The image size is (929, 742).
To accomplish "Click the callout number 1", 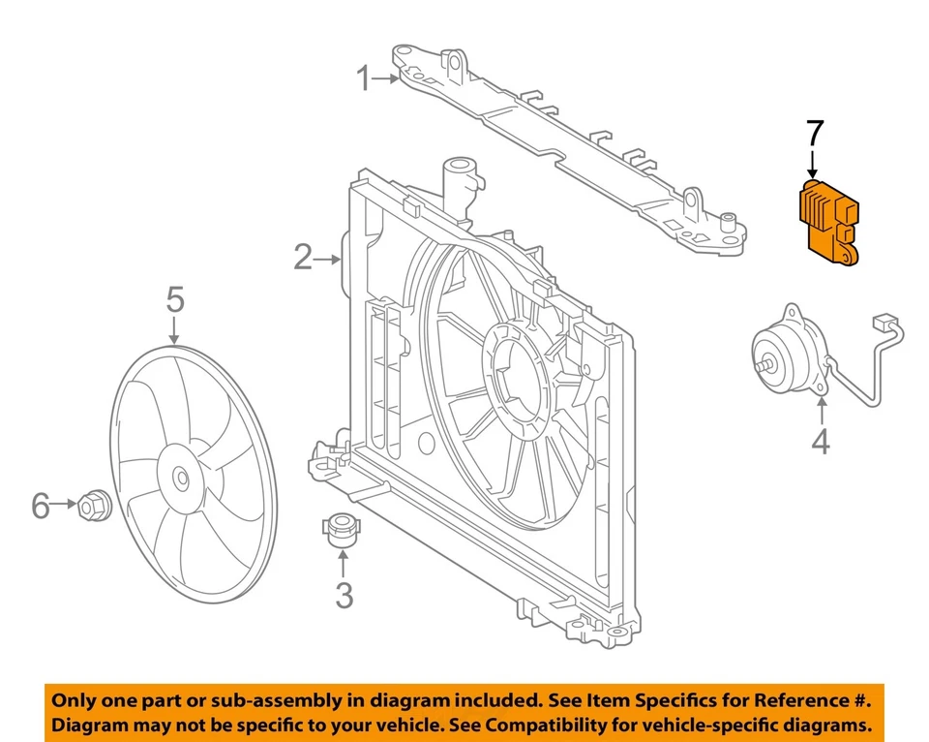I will tap(363, 78).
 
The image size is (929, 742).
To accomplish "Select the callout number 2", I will tap(303, 258).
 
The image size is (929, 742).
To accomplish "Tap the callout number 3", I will tap(344, 595).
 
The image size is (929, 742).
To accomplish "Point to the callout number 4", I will tap(820, 442).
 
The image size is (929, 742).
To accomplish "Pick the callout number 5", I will tap(174, 300).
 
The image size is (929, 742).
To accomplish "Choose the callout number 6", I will tap(40, 505).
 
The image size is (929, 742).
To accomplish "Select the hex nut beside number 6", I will tap(94, 504).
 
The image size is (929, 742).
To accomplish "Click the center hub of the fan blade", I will tap(181, 478).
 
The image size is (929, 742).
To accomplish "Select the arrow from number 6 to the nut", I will tap(64, 504).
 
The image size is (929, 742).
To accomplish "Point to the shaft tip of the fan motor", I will tap(764, 366).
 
